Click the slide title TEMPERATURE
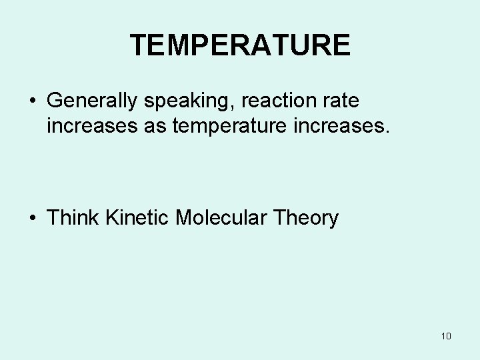point(240,45)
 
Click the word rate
point(341,101)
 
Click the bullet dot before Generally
point(32,102)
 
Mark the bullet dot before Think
point(32,219)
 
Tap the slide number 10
point(446,335)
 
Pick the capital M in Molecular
point(184,217)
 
